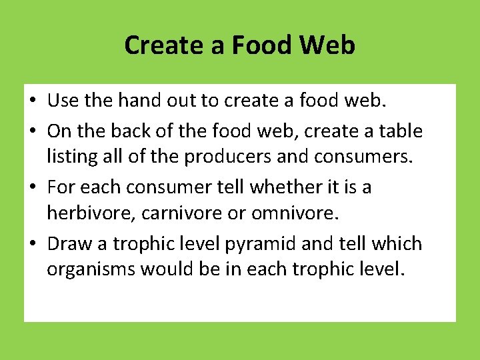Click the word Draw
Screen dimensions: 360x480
(x=70, y=243)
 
